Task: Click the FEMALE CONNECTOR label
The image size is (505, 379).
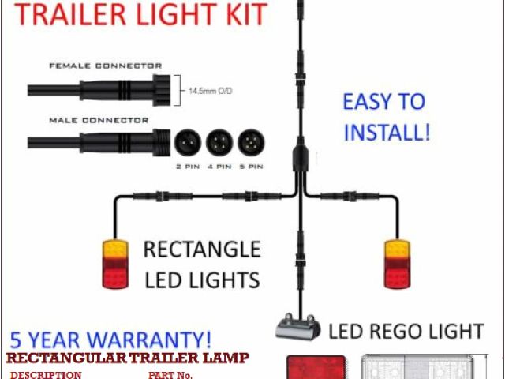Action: point(105,66)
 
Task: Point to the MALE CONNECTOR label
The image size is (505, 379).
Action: point(99,120)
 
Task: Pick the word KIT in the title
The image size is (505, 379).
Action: point(241,13)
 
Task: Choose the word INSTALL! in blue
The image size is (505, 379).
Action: point(387,131)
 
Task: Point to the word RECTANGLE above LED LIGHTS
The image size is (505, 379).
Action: point(201,250)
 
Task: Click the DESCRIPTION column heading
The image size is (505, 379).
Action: point(46,374)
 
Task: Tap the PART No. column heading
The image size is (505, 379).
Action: point(170,374)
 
